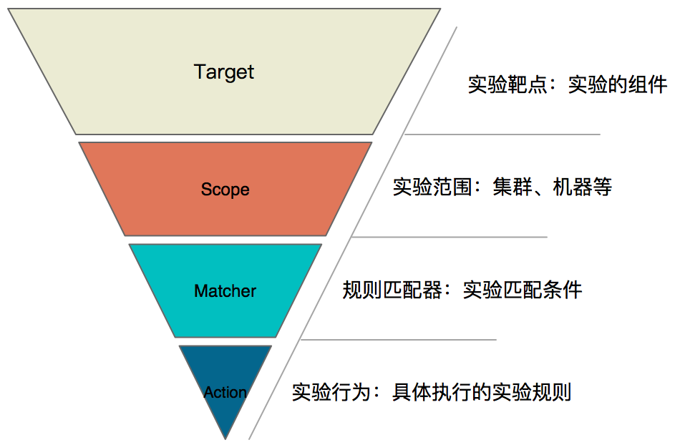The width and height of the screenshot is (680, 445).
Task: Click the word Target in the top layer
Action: (224, 72)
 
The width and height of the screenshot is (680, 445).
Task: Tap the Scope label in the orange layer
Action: (225, 190)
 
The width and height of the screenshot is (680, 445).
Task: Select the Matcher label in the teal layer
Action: (225, 291)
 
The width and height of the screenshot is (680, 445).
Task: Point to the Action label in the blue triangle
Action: (225, 393)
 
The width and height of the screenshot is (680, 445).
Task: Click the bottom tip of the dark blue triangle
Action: (225, 437)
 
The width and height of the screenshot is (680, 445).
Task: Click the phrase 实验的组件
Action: (618, 85)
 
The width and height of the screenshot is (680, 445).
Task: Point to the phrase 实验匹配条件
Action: (523, 290)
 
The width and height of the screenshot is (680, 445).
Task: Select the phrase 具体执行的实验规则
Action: (481, 393)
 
